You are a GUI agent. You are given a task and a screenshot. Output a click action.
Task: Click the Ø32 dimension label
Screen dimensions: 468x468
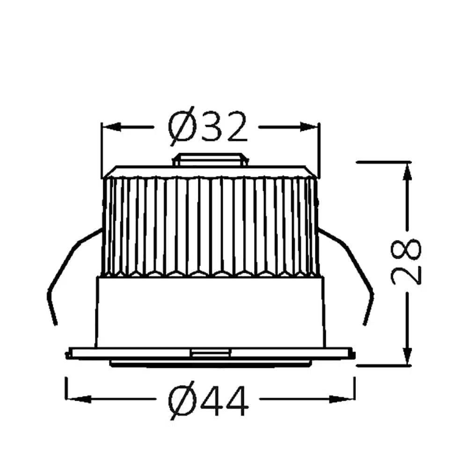pos(208,126)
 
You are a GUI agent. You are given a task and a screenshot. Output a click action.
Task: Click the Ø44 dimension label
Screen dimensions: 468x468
pos(208,401)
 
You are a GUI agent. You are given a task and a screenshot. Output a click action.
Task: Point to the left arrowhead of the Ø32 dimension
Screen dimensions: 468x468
pos(111,127)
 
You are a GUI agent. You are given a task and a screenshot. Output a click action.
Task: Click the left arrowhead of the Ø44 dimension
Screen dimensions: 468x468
pos(78,399)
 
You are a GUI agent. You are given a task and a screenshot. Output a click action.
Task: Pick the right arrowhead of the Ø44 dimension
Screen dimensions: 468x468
pos(342,399)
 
